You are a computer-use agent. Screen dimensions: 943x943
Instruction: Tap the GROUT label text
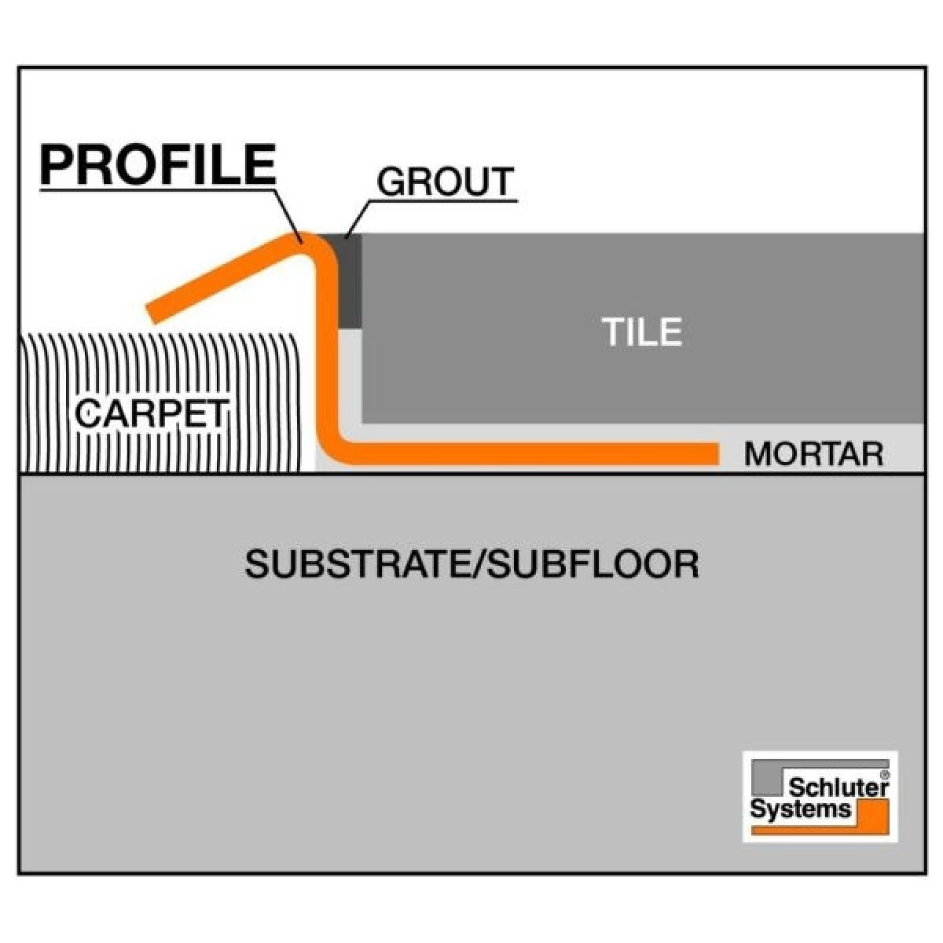pos(445,182)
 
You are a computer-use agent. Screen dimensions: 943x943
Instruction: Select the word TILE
pos(642,332)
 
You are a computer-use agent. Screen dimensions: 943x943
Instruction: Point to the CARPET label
pos(152,413)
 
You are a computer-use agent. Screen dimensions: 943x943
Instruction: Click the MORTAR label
pos(813,453)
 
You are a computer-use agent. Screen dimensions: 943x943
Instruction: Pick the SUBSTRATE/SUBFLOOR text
pos(472,564)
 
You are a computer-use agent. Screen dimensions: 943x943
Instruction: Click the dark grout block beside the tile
pos(350,281)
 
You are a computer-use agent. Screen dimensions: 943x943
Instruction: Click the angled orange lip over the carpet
pos(224,277)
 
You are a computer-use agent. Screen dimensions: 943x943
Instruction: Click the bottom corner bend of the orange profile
pos(334,448)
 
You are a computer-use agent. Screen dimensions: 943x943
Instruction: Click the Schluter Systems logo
pos(820,796)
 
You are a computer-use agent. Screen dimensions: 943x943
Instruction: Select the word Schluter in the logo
pos(838,787)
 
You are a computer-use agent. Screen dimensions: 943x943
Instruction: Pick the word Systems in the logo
pos(800,809)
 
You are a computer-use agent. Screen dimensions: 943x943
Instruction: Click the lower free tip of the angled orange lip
pos(154,314)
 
